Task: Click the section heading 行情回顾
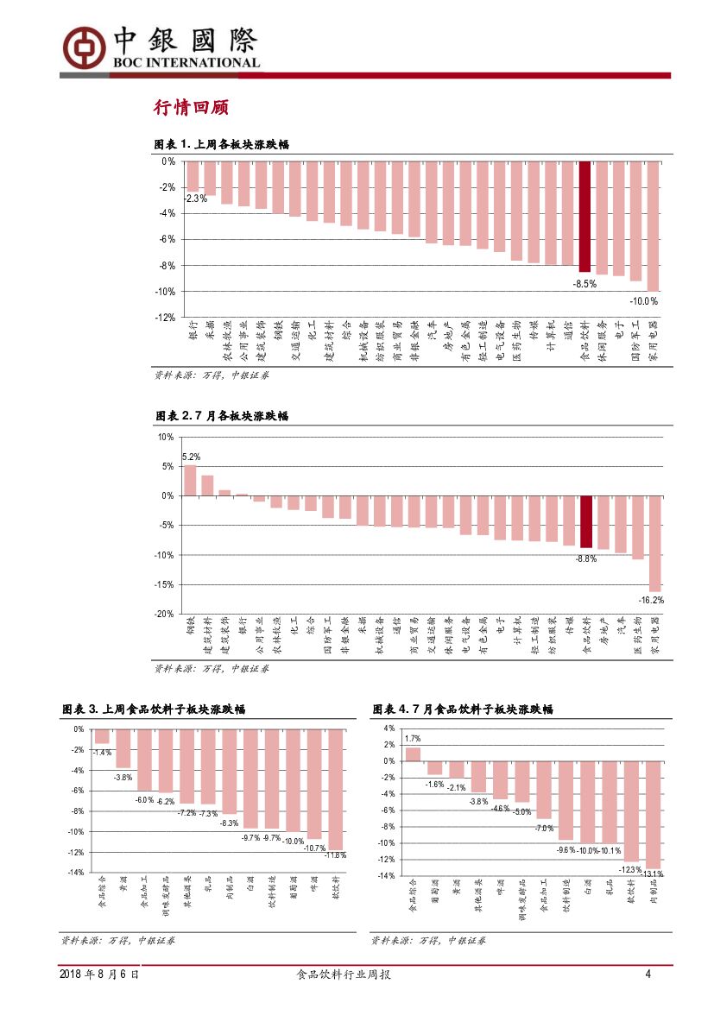[190, 108]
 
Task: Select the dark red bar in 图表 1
[584, 217]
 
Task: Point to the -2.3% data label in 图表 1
[196, 199]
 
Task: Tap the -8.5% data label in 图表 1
[584, 283]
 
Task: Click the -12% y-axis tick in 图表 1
[165, 318]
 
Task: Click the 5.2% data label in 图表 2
[191, 457]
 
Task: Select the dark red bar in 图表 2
[585, 521]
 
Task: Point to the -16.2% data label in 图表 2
[651, 599]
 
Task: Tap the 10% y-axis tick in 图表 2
[166, 437]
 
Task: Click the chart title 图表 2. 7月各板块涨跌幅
[222, 416]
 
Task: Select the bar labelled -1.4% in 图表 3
[102, 736]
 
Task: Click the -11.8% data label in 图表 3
[335, 855]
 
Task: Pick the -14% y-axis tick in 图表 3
[77, 873]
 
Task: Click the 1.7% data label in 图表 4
[413, 739]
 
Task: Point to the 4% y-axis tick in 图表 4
[389, 728]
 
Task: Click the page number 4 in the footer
[648, 974]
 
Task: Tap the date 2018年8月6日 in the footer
[99, 974]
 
